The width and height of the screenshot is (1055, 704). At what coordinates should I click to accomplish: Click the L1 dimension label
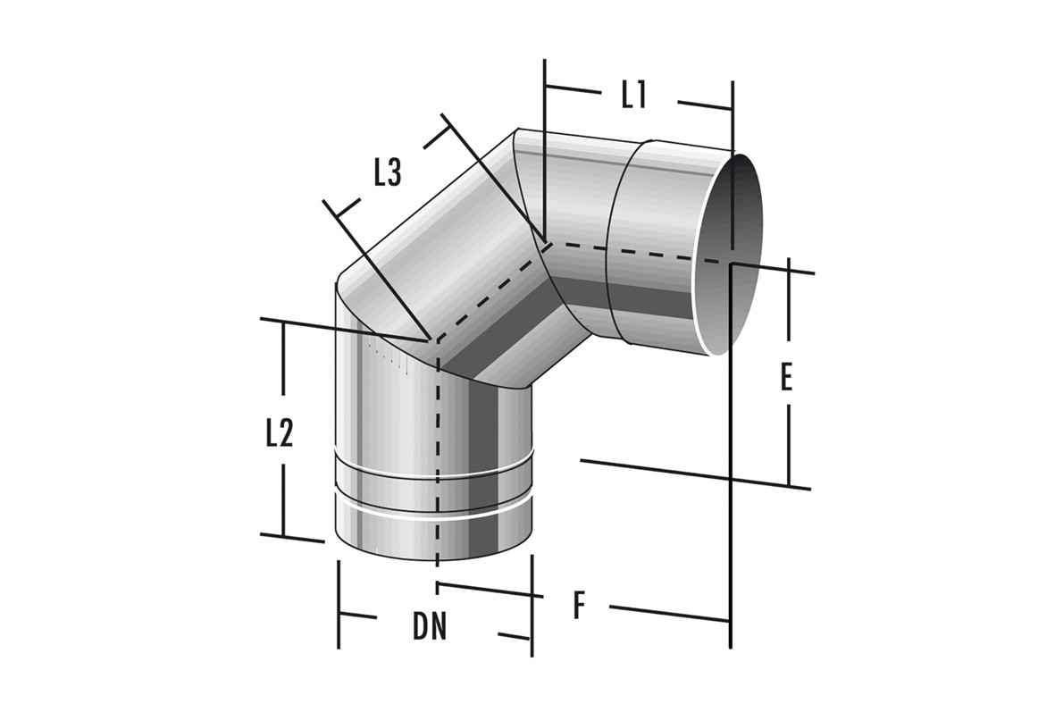(634, 95)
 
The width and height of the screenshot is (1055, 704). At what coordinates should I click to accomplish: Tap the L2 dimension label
(280, 435)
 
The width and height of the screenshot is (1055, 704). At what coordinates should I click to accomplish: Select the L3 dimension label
(389, 173)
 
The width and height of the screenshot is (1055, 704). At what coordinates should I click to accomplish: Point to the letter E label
(786, 378)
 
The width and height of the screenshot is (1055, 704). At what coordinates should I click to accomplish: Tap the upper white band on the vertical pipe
(435, 465)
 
